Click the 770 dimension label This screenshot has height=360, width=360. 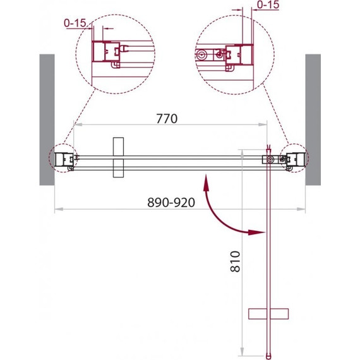[x=167, y=119]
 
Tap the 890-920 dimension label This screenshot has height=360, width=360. [x=171, y=203]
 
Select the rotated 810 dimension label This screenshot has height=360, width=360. [x=236, y=261]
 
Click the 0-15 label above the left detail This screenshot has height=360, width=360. [x=75, y=23]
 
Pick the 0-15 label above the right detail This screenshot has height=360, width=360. [x=268, y=4]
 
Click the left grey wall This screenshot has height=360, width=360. [x=47, y=119]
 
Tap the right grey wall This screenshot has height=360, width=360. [x=313, y=119]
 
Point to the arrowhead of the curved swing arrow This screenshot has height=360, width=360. [x=256, y=232]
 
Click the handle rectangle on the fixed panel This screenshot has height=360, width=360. [x=119, y=157]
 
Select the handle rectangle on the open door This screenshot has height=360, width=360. [x=268, y=314]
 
